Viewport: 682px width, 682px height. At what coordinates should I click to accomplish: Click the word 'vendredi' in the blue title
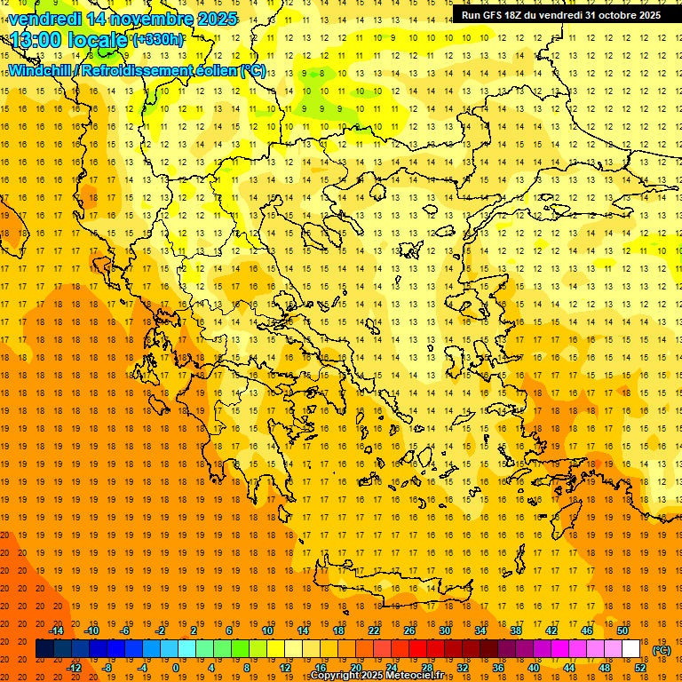(x=44, y=19)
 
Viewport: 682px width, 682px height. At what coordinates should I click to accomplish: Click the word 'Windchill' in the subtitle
(x=40, y=70)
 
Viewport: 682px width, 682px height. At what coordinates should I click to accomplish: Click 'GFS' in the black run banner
(x=496, y=15)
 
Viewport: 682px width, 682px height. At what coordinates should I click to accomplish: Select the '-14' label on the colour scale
(x=57, y=630)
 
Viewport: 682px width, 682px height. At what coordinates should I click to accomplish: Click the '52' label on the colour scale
(x=640, y=667)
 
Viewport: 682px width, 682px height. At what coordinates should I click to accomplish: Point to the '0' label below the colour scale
(x=176, y=667)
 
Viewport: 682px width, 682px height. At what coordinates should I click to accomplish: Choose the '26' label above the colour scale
(x=409, y=630)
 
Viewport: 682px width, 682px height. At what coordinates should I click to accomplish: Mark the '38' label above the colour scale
(x=515, y=630)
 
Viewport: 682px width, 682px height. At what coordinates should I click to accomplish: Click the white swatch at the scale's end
(x=630, y=649)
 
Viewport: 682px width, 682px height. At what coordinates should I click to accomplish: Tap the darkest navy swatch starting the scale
(x=44, y=649)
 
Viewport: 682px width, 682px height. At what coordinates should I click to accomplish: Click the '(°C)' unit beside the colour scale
(x=662, y=650)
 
